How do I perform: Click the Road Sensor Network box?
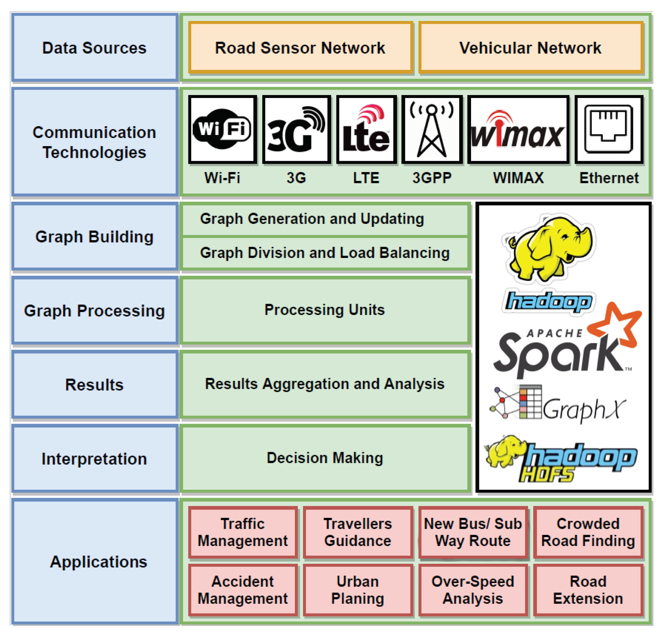[x=300, y=48]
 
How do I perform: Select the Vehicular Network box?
[x=531, y=48]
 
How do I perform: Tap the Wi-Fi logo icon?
[x=222, y=129]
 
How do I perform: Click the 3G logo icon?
[x=296, y=129]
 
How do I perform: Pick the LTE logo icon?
[x=367, y=129]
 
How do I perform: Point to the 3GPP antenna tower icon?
[x=432, y=129]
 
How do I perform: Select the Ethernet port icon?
[x=608, y=129]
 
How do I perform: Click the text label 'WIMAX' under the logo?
[x=518, y=178]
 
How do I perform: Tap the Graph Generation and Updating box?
[x=325, y=219]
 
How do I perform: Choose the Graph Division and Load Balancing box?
[x=325, y=253]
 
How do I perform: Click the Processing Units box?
[x=325, y=310]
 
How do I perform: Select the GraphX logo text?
[x=584, y=409]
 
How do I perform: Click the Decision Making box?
[x=325, y=458]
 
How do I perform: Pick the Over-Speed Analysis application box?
[x=473, y=590]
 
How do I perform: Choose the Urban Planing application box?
[x=358, y=590]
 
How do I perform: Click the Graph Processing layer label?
[x=95, y=311]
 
